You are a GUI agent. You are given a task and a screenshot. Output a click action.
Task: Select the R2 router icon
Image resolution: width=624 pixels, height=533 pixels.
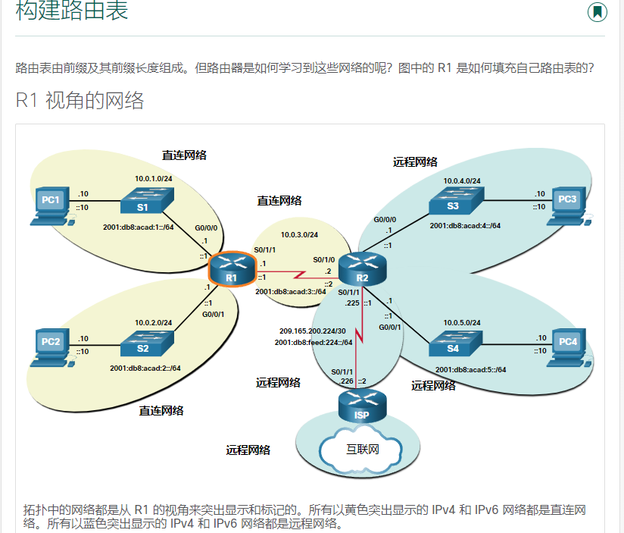click(x=362, y=269)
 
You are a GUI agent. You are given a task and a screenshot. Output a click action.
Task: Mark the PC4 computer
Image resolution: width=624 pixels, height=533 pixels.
click(x=568, y=345)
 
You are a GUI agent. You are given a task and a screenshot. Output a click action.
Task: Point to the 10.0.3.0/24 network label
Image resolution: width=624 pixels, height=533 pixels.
click(x=299, y=235)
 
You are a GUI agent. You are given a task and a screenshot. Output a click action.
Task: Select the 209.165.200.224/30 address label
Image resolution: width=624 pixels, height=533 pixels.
click(x=312, y=331)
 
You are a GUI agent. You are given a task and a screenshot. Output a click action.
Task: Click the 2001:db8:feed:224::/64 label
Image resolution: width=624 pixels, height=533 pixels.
click(x=314, y=343)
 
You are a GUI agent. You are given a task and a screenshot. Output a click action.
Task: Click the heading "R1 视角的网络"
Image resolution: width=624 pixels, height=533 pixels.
click(x=80, y=100)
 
